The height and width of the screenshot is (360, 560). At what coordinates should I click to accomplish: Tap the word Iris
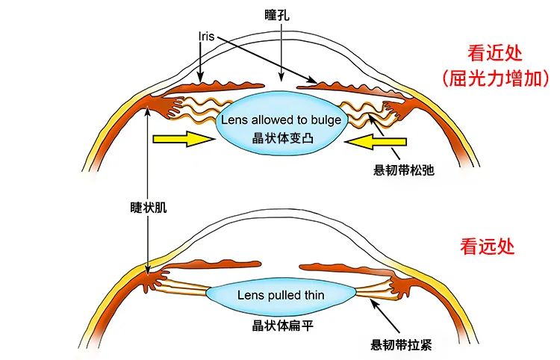coord(208,34)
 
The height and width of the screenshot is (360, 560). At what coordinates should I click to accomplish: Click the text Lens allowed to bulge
coord(281,120)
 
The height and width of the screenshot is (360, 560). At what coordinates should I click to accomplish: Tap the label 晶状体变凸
coord(281,138)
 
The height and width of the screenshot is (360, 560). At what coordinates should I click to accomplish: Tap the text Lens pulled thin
coord(281,295)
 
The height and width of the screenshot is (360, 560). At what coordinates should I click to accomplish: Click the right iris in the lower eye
coord(340,266)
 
